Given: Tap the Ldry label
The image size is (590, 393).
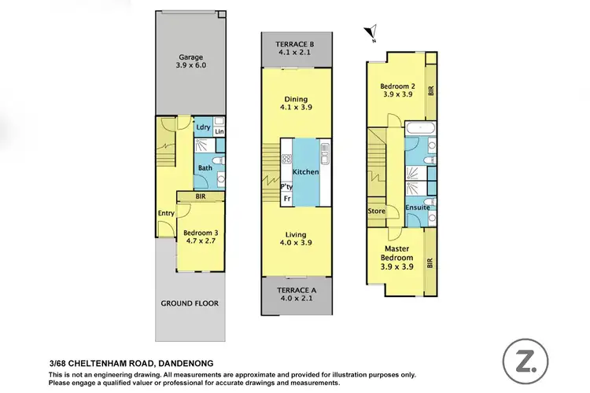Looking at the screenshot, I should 202,127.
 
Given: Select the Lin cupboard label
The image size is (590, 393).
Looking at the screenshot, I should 219,132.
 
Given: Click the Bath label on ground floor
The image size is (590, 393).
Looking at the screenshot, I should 205,167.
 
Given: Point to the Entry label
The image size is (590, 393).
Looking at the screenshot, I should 165,213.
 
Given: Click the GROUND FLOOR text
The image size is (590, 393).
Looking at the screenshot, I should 190,303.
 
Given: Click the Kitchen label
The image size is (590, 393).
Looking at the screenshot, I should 305,171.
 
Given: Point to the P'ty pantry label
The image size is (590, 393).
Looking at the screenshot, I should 287,187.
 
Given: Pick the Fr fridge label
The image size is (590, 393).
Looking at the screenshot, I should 287,199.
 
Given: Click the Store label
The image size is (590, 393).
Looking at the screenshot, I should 376,211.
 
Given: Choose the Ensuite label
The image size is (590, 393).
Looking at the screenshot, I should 417,208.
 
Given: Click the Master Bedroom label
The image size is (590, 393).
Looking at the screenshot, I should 396,257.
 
